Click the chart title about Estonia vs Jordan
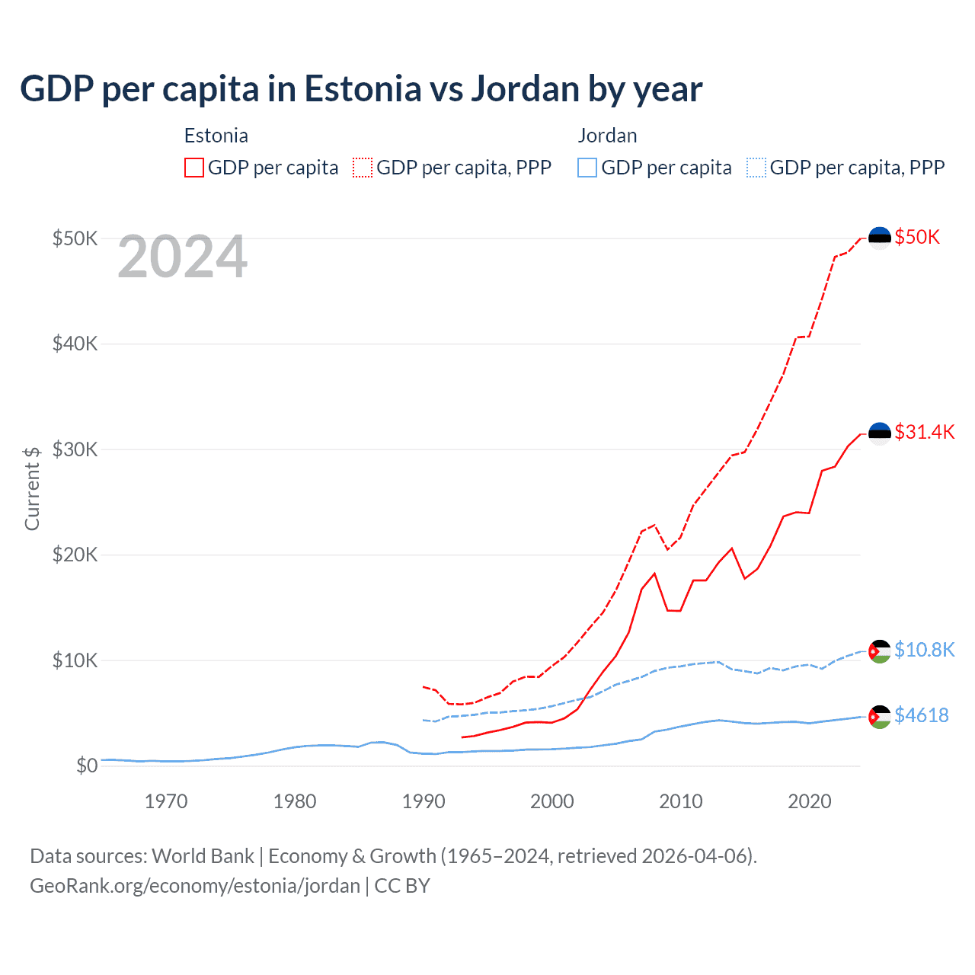361,89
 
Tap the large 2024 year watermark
182,257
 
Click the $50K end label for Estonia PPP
917,237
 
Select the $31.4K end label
924,432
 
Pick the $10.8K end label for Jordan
924,650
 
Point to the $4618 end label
921,715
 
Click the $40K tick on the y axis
75,344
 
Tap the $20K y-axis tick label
75,555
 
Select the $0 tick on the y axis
87,766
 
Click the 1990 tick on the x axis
424,801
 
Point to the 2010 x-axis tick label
681,801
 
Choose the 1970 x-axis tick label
166,801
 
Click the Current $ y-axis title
32,488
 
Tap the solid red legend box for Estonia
194,168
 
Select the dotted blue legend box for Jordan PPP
756,168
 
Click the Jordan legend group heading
607,136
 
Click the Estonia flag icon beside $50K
880,238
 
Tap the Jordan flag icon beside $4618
880,716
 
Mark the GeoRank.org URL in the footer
194,886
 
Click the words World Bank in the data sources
203,856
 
